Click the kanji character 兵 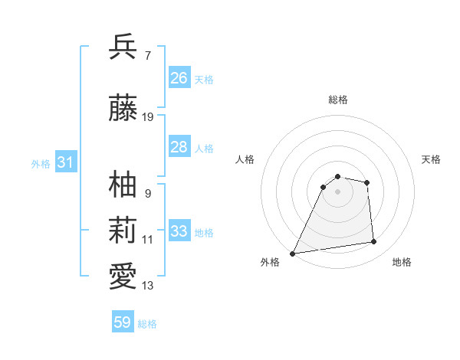coord(123,47)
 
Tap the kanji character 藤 coord(123,108)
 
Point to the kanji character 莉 coord(123,231)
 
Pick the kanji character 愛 coord(123,277)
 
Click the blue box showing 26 coord(179,78)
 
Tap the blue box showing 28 coord(179,147)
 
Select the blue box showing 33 coord(179,231)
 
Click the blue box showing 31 coord(65,162)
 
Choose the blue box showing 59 coord(122,322)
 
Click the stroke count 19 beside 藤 coord(148,117)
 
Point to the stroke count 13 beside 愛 coord(148,286)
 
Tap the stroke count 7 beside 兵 coord(147,55)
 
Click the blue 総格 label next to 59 coord(147,324)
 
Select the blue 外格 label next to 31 coord(40,164)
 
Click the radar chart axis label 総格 coord(337,100)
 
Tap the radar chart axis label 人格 coord(245,159)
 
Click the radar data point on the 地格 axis coord(374,242)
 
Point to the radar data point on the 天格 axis coord(367,182)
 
